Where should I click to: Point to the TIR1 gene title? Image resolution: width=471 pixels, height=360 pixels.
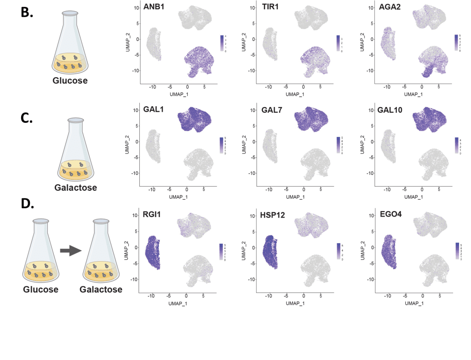pos(258,8)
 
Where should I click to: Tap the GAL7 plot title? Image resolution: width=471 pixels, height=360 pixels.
pos(258,112)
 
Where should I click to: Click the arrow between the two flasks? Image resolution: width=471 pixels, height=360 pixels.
pos(70,251)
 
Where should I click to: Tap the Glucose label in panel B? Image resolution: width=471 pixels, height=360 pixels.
pos(71,81)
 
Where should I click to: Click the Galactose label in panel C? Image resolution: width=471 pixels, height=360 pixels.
pos(75,188)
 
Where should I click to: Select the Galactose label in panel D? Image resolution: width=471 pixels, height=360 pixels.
pos(101,290)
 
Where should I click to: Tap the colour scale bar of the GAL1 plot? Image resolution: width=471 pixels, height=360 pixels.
pos(222,145)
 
